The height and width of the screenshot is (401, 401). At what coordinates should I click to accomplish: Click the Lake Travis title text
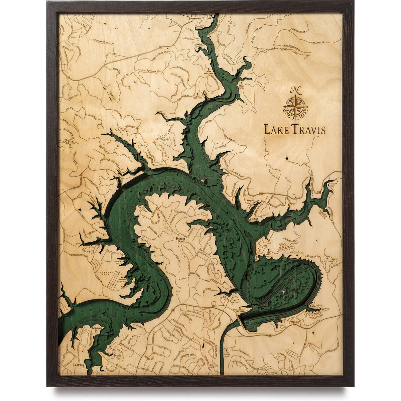click(x=294, y=130)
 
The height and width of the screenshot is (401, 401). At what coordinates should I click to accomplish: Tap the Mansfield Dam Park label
click(x=249, y=310)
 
